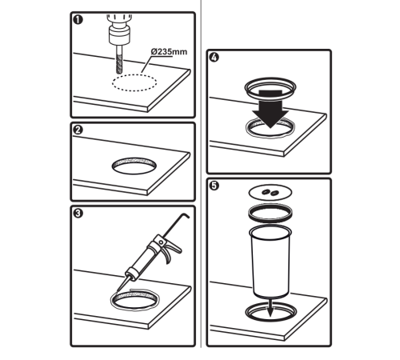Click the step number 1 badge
pos(78,20)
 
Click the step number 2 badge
pos(78,130)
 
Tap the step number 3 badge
pos(78,214)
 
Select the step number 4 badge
pos(214,58)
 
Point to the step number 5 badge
pos(214,186)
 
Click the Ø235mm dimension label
pos(169,51)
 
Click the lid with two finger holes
pos(270,192)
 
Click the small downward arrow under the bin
pos(270,308)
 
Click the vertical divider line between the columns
pos(201,174)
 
